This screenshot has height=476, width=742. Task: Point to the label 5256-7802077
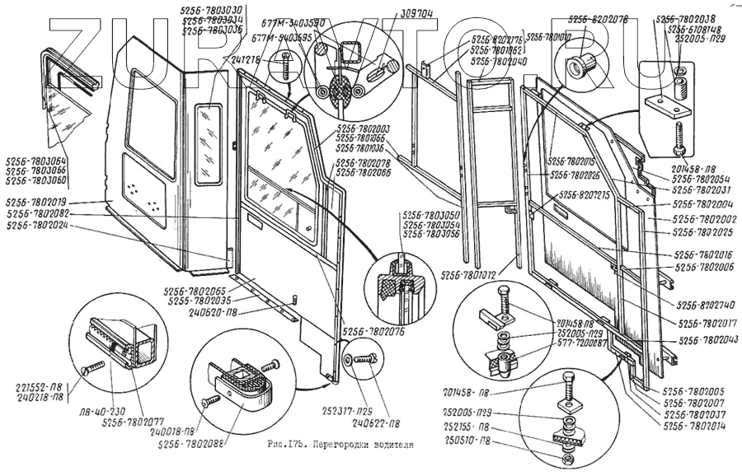(x=134, y=423)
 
